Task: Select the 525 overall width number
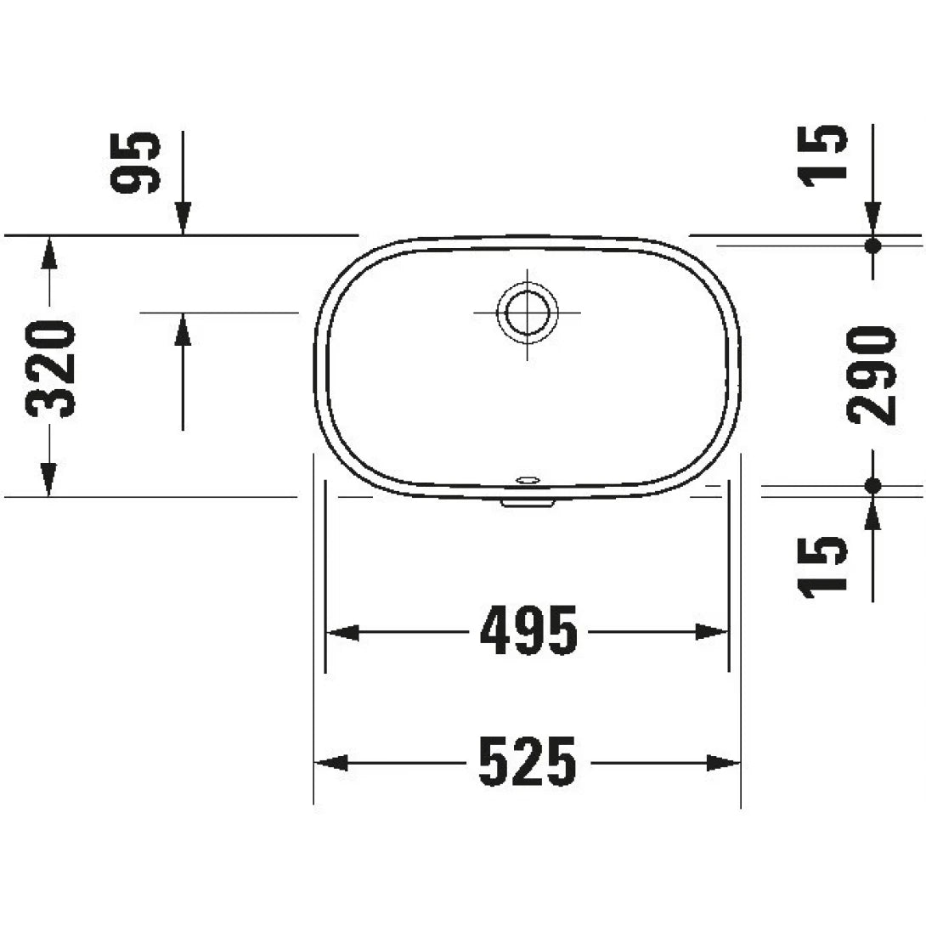[528, 762]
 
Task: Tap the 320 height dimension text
[51, 369]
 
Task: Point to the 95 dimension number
[136, 163]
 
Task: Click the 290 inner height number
[872, 375]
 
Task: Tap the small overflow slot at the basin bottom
[528, 481]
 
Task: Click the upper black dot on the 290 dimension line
[873, 245]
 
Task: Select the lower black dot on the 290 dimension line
[873, 486]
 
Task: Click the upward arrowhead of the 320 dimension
[49, 251]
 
